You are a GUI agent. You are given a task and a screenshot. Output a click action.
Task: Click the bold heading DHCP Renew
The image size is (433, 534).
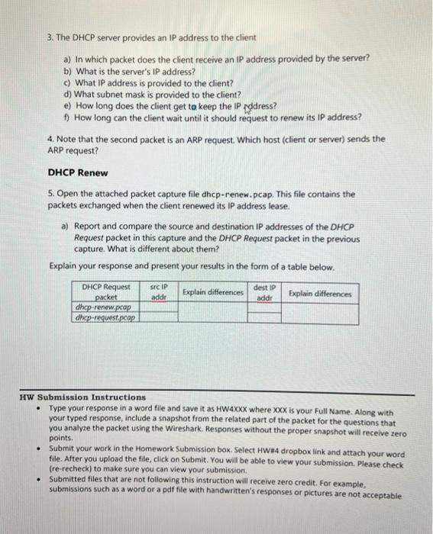(77, 172)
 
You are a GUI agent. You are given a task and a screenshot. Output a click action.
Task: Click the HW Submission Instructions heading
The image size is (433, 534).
(82, 397)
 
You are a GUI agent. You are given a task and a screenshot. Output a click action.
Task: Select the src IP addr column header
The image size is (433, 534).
(160, 292)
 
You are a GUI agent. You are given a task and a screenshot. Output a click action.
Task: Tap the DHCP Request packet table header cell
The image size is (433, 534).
(106, 292)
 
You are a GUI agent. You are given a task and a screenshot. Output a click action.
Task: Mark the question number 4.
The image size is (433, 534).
(49, 140)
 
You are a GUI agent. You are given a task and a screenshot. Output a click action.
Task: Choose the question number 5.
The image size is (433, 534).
(49, 194)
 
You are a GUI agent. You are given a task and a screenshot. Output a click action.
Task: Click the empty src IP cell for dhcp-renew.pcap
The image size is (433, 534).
(160, 307)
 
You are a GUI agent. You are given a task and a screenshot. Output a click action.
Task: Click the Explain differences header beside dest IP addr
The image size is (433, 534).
(320, 293)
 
